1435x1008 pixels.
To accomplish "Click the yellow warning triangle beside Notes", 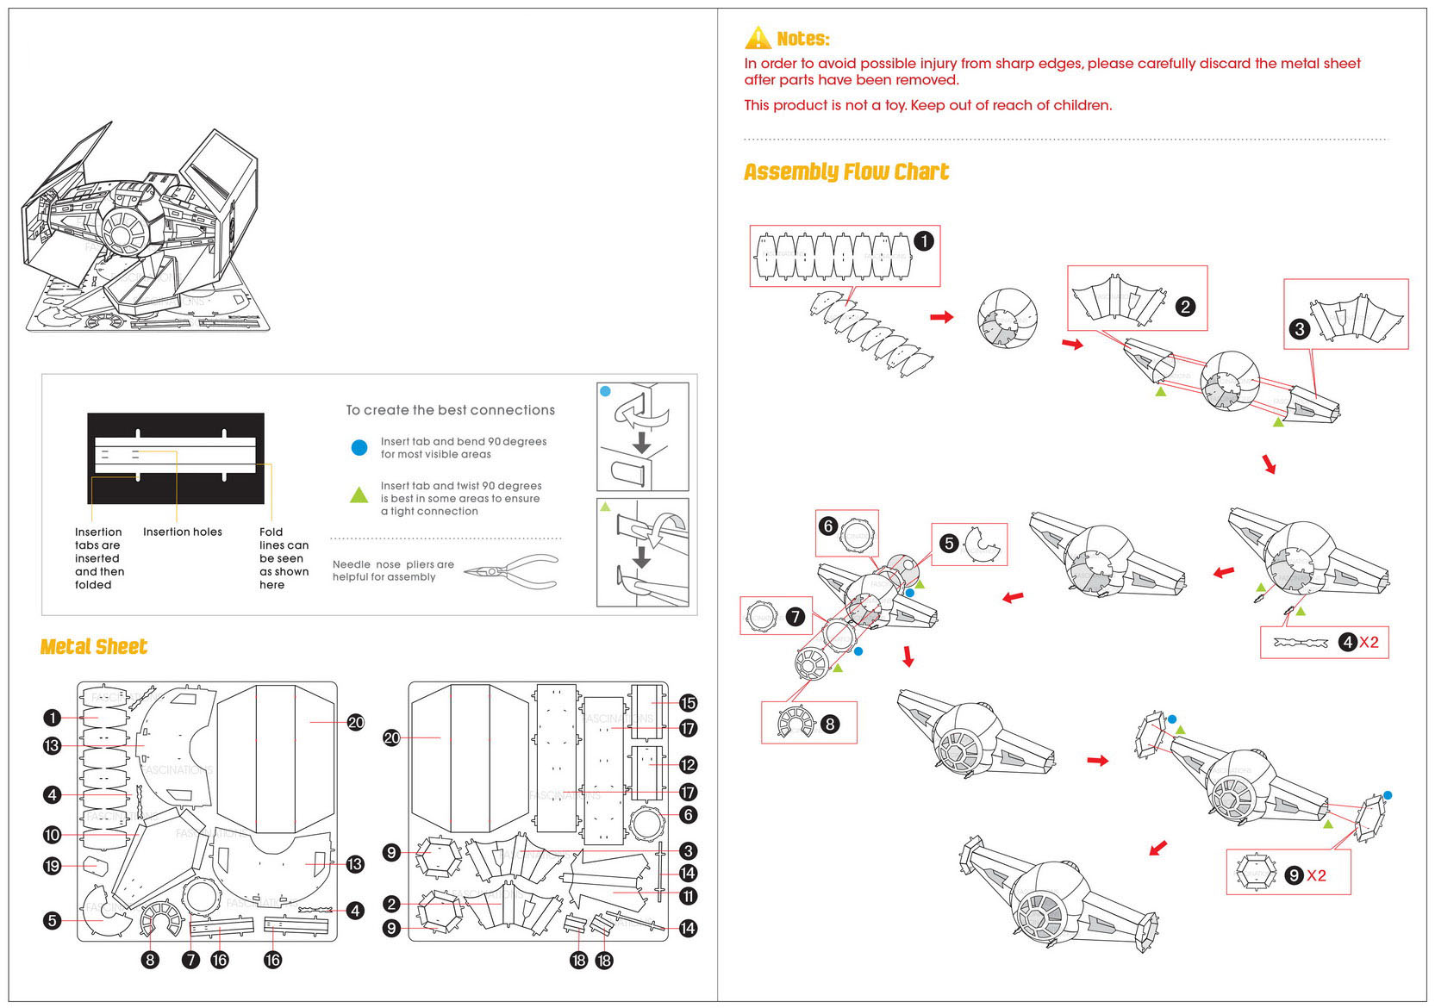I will point(758,38).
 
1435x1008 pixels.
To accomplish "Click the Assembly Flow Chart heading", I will point(845,172).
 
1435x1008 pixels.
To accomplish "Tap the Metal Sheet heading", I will point(93,647).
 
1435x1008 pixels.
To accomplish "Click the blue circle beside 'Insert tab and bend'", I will point(359,447).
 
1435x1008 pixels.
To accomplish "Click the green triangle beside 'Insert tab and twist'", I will point(359,495).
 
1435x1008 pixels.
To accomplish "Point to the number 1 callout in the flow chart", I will point(923,241).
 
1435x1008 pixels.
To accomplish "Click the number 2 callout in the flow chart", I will point(1185,307).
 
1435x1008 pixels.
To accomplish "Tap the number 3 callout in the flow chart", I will point(1299,328).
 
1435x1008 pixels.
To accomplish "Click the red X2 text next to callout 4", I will point(1369,642).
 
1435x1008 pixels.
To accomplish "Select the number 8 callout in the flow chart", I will point(829,724).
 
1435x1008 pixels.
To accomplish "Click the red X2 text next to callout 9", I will point(1316,875).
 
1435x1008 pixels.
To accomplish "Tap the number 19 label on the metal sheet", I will point(52,866).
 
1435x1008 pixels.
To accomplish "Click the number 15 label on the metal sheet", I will point(687,703).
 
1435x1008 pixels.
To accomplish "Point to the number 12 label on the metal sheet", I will point(687,765).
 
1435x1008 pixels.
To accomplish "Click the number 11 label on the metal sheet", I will point(687,896).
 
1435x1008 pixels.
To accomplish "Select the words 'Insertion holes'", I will point(182,532).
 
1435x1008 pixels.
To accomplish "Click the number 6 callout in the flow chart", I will point(827,526).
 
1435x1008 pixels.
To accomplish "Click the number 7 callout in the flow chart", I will point(795,617).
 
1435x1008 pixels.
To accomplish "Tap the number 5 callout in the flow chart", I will point(948,544).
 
